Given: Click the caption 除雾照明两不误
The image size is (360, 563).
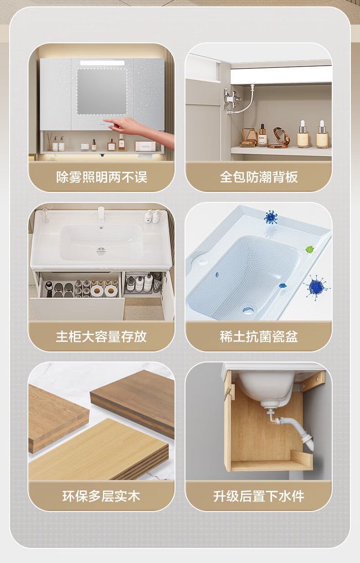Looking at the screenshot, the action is click(102, 177).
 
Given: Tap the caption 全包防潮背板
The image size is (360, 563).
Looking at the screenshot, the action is click(259, 177).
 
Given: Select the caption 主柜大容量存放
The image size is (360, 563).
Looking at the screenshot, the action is click(101, 336).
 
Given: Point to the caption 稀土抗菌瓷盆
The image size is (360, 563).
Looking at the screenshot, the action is click(259, 336).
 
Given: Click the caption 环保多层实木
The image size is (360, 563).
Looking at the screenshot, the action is click(101, 496).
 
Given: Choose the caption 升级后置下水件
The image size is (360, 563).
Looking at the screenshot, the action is click(259, 496).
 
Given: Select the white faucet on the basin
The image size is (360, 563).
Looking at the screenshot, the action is click(101, 216).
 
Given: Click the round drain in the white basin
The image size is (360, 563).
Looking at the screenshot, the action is click(101, 250).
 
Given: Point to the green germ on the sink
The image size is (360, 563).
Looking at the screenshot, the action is click(310, 249).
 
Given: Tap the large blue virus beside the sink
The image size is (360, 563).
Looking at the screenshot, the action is click(316, 287).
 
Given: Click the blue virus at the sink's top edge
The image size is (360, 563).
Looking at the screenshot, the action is click(271, 217).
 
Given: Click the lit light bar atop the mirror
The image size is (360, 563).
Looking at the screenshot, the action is click(102, 63).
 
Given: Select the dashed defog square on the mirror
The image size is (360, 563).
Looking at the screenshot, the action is click(102, 92).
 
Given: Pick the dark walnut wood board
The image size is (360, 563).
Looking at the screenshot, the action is click(133, 401).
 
